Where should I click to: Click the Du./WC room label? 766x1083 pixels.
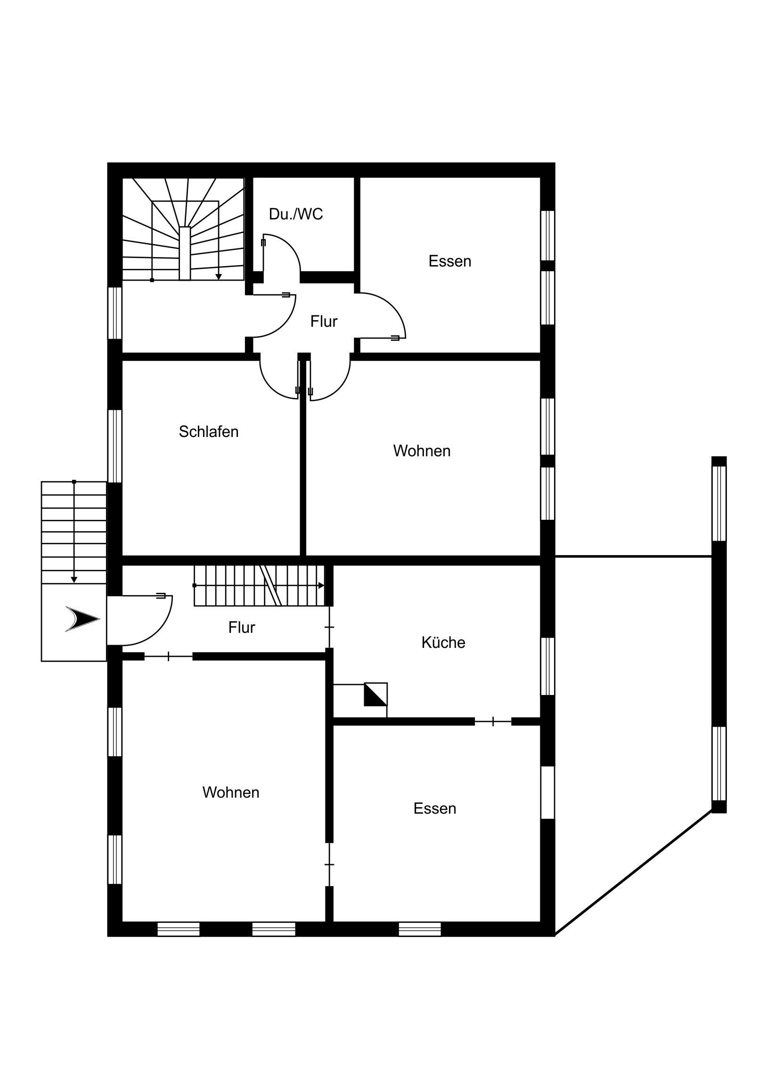tap(296, 214)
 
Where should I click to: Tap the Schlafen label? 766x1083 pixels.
tap(209, 432)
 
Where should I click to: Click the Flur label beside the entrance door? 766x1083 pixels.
tap(242, 627)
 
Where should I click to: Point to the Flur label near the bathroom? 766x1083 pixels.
tap(324, 321)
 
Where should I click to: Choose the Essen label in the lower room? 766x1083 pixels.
tap(435, 808)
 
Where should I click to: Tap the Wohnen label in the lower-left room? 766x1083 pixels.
tap(231, 792)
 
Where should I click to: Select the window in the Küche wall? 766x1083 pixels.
tap(547, 666)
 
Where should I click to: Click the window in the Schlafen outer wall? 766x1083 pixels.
tap(115, 446)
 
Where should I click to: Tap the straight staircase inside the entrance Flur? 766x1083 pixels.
tap(260, 585)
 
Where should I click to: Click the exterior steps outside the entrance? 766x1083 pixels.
tap(74, 533)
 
